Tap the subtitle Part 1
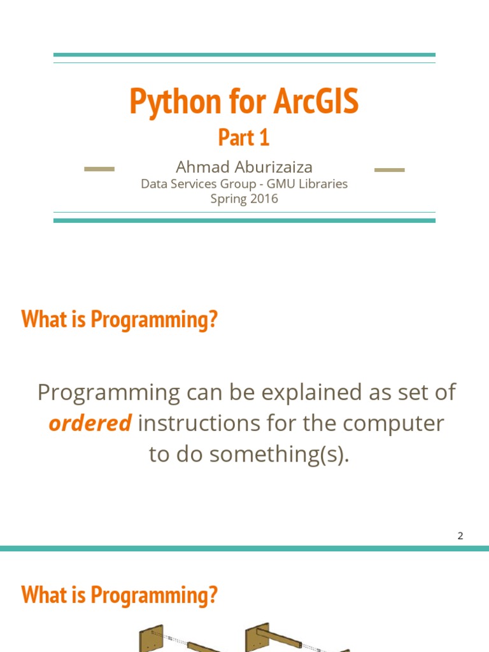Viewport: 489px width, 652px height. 244,137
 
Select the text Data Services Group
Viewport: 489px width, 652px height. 188,184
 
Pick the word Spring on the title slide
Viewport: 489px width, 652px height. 228,199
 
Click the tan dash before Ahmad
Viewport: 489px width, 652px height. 99,169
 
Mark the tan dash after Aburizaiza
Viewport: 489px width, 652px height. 389,169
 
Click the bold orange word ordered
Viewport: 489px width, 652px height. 90,423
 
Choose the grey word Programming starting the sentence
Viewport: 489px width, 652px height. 109,392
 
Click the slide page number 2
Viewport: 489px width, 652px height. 460,535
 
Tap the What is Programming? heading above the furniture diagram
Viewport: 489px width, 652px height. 120,595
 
